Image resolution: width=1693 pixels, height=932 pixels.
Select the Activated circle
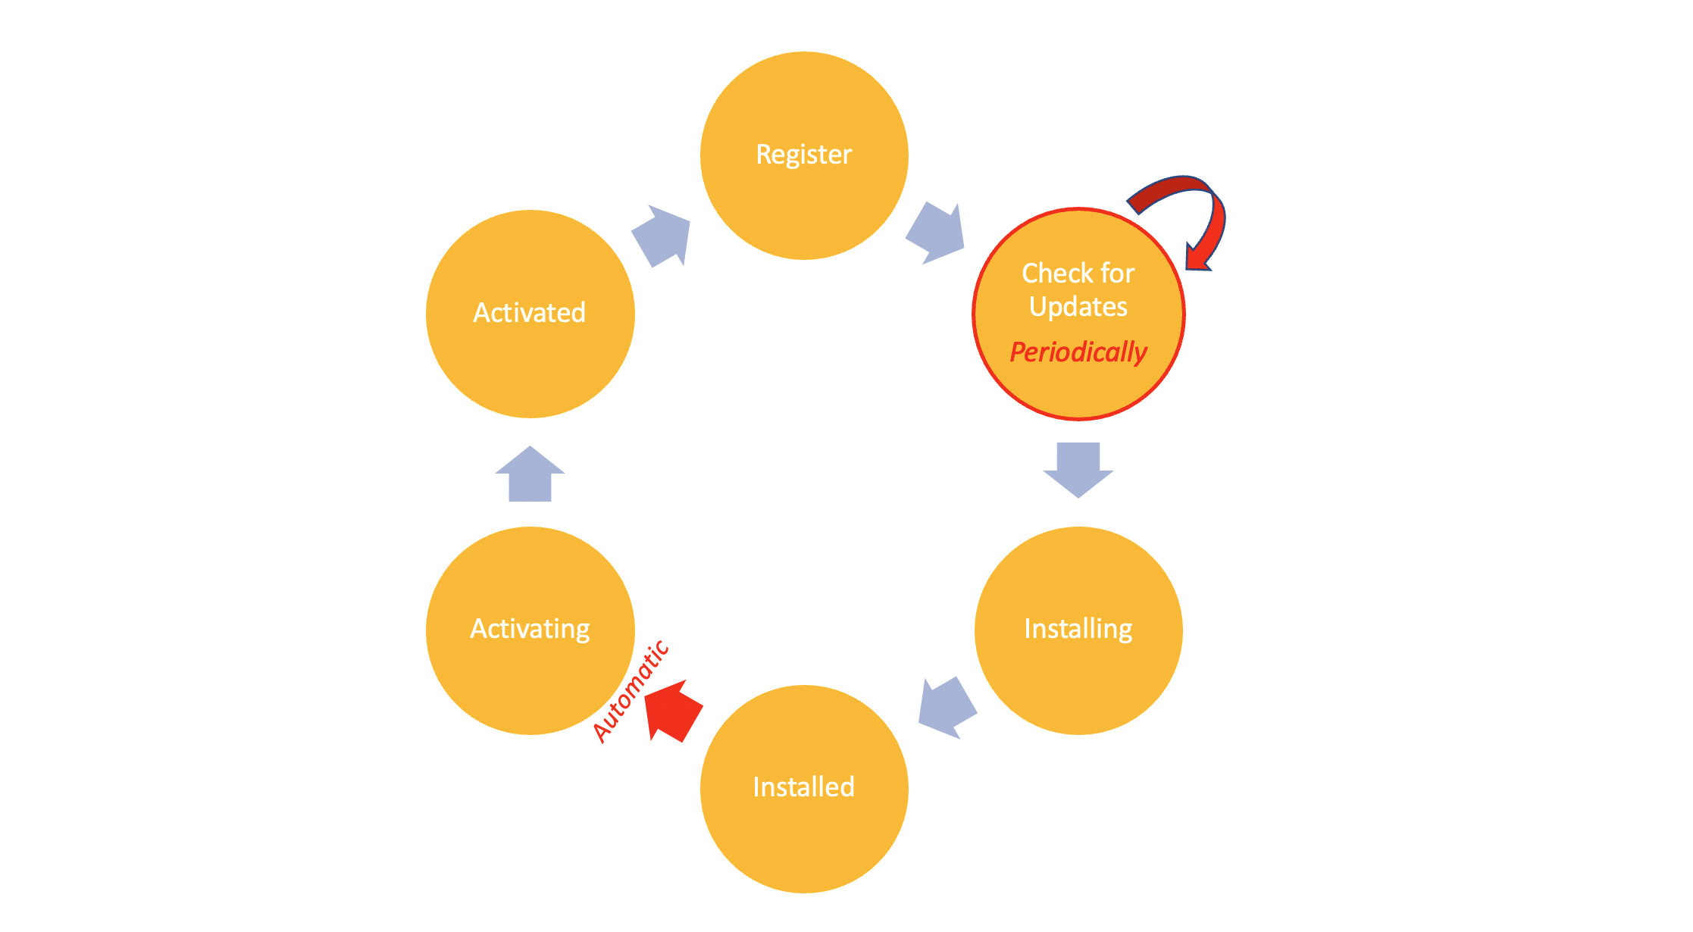click(x=530, y=364)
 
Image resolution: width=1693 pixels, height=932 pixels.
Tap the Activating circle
click(x=530, y=682)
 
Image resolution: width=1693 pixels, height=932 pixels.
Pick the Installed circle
click(x=804, y=841)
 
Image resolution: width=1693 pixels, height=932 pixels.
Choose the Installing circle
click(x=1078, y=682)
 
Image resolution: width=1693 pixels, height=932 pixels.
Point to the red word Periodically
click(x=1078, y=352)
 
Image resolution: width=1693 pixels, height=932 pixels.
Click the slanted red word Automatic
click(x=631, y=691)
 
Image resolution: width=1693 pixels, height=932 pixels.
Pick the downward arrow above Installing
click(x=1078, y=468)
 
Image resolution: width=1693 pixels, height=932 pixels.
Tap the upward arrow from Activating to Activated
click(x=530, y=475)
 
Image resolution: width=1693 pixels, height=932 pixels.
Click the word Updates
click(x=1078, y=307)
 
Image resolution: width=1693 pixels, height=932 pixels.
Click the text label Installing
click(x=1078, y=629)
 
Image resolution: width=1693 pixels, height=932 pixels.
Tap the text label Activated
click(x=530, y=313)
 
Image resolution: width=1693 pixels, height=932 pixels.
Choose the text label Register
click(x=804, y=155)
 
